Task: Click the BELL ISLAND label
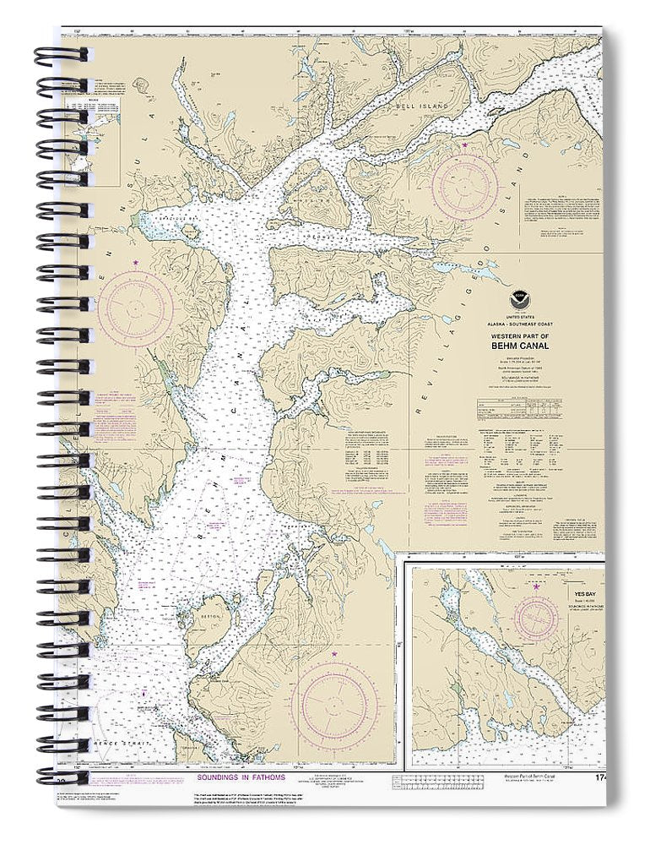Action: pos(417,108)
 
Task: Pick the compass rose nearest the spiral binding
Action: pos(135,308)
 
